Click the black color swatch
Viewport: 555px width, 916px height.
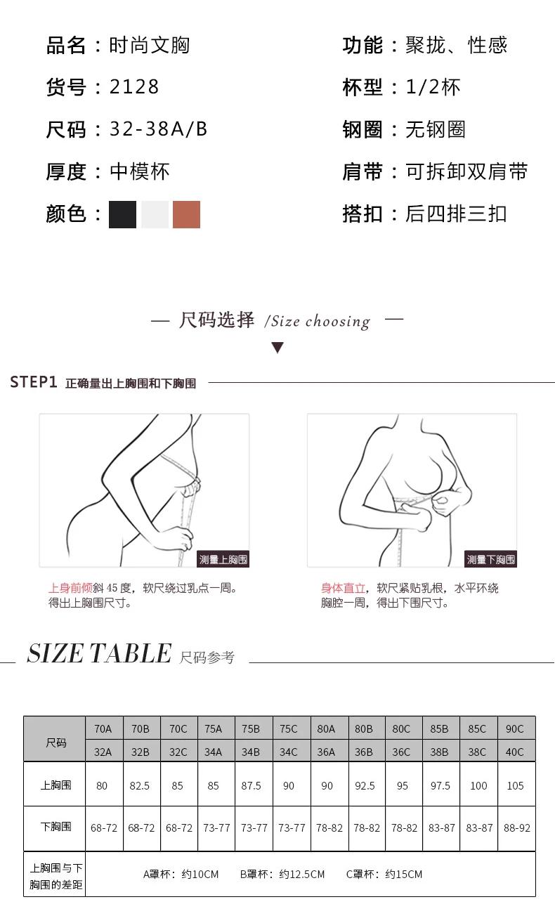click(x=122, y=214)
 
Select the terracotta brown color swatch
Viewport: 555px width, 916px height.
click(x=186, y=214)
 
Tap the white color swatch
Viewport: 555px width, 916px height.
click(x=155, y=214)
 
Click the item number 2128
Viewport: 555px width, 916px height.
click(x=134, y=87)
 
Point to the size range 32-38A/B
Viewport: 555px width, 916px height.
click(x=158, y=129)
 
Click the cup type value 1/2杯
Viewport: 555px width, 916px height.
click(x=433, y=87)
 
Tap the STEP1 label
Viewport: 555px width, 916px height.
click(x=33, y=382)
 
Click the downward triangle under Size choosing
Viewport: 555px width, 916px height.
click(x=277, y=348)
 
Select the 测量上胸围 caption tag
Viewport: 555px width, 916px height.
click(x=223, y=559)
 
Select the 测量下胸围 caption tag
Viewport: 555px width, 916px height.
click(x=490, y=559)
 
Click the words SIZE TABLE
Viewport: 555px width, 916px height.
click(x=99, y=654)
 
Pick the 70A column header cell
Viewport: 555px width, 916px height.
click(x=103, y=728)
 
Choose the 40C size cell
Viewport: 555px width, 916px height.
click(x=515, y=752)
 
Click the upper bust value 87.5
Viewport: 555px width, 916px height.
click(x=251, y=786)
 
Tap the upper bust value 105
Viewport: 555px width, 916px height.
click(x=515, y=786)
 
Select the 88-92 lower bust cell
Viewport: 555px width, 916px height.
click(x=516, y=828)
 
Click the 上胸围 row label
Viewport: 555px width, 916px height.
click(x=55, y=785)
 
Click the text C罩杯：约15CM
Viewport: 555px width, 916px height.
click(x=384, y=875)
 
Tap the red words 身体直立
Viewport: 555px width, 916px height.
click(x=344, y=588)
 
